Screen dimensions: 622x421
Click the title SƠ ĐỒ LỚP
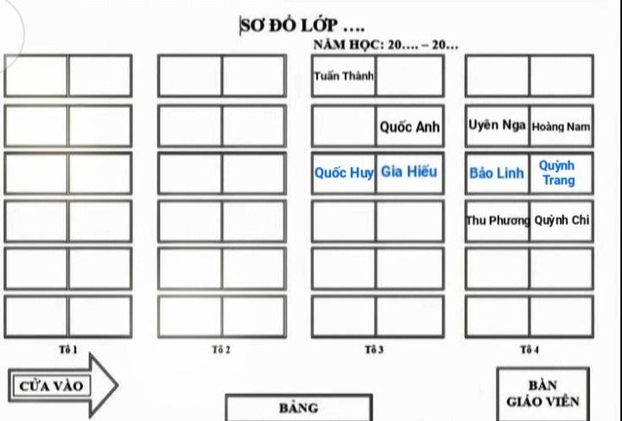pos(302,26)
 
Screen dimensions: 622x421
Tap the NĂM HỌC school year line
pos(386,44)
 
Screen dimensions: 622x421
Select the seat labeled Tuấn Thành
pos(344,76)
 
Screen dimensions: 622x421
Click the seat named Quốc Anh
pos(409,126)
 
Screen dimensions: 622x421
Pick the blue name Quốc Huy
pos(344,173)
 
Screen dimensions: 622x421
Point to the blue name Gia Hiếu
pos(409,171)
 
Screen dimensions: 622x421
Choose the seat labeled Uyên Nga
pos(497,126)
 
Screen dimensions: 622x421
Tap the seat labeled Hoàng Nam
pos(562,126)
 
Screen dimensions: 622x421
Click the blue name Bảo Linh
pos(497,173)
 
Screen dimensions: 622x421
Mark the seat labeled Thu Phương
pos(497,220)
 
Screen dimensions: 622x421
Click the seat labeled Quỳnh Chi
pos(562,220)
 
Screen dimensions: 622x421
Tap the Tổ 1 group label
pos(68,349)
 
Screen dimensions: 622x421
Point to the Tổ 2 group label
pos(221,349)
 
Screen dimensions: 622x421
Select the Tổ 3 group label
pos(374,349)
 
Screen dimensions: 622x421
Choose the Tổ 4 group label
pos(530,349)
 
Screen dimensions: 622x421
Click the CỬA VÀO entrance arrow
pos(63,386)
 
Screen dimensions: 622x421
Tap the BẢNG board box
pos(299,407)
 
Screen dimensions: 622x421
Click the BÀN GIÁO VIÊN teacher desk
pos(543,393)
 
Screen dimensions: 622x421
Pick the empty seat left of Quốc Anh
pos(344,126)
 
